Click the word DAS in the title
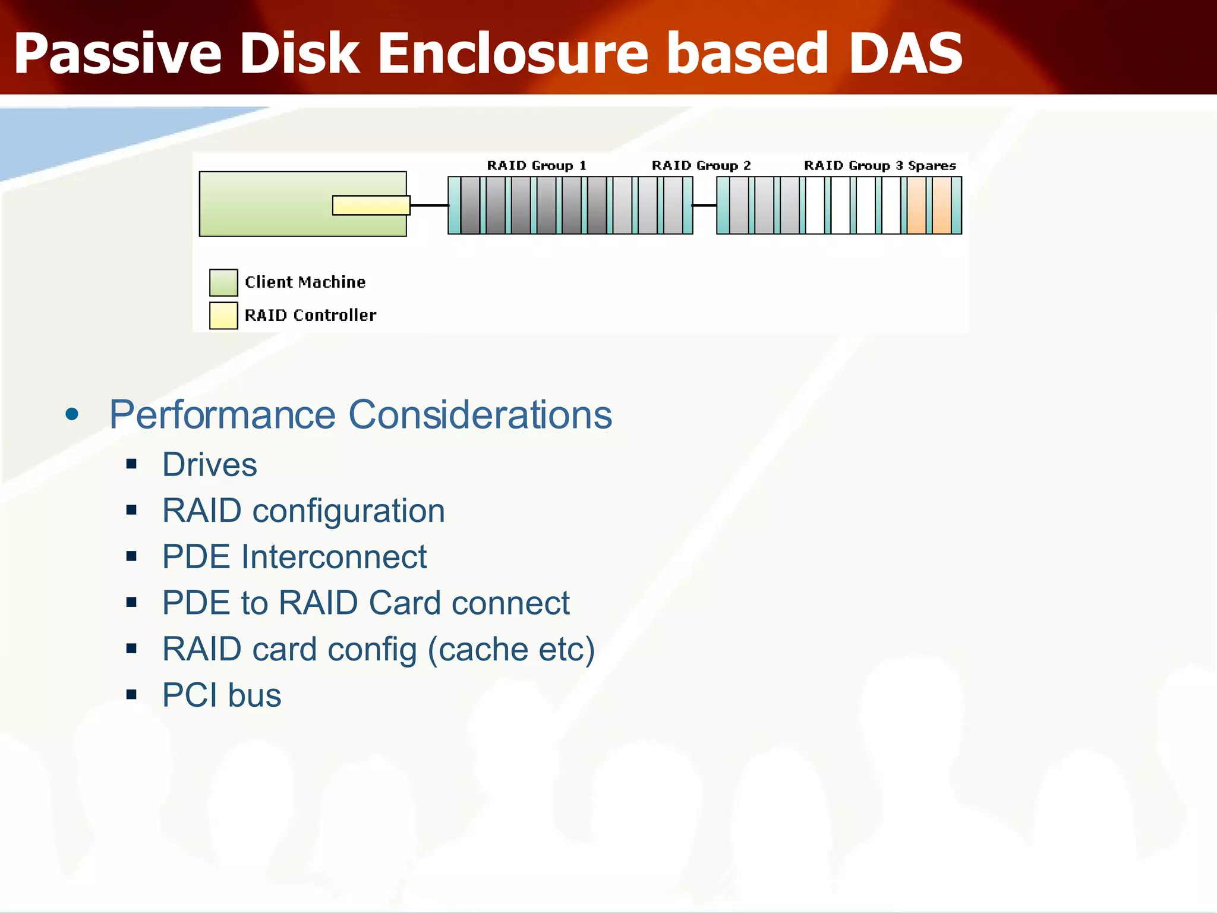[x=905, y=53]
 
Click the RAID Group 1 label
[x=537, y=165]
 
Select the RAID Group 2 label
[x=701, y=165]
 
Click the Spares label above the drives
[x=932, y=165]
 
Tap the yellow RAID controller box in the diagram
[x=371, y=205]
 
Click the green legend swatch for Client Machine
[x=223, y=282]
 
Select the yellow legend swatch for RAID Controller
[x=223, y=316]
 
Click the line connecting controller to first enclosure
[x=429, y=205]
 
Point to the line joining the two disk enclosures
[x=704, y=205]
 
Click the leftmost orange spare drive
[x=916, y=205]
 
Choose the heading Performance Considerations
[x=360, y=414]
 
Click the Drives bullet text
[x=209, y=464]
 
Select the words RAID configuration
[x=303, y=511]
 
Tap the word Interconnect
[x=334, y=557]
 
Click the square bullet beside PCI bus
[x=131, y=694]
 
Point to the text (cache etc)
[x=511, y=649]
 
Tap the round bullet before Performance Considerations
[x=72, y=414]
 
